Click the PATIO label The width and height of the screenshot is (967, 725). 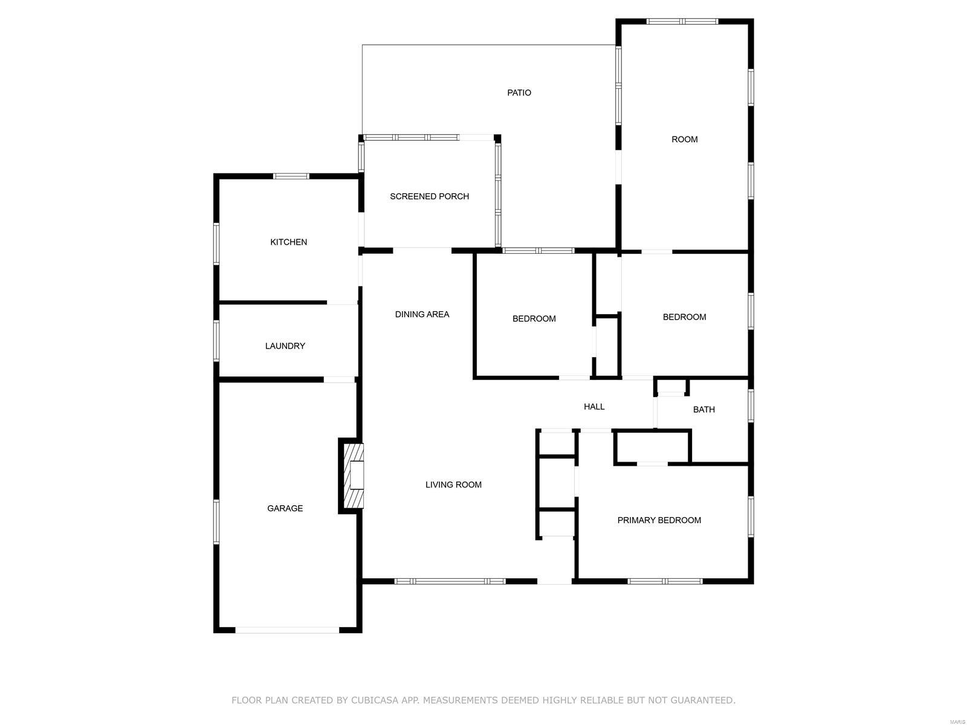(519, 92)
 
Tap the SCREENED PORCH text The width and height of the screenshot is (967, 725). (429, 196)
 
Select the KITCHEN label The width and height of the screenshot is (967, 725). (288, 242)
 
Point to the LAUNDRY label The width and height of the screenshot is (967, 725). (285, 346)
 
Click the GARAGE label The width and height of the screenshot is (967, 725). (285, 508)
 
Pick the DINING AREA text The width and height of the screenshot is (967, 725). (422, 314)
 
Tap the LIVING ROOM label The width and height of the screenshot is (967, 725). (453, 484)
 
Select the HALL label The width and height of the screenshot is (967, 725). (594, 406)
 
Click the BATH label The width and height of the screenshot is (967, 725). (703, 410)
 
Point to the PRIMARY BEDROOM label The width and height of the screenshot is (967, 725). (659, 520)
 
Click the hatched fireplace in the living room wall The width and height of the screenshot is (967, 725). (354, 476)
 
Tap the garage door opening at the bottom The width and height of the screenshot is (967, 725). (287, 630)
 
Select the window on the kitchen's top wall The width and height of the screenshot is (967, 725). (291, 176)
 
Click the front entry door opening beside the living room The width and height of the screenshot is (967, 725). (554, 581)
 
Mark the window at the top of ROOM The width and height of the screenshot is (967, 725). (682, 21)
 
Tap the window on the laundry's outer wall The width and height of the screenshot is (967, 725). (216, 341)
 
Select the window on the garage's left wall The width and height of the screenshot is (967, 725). (216, 522)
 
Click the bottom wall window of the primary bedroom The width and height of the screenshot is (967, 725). (665, 581)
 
